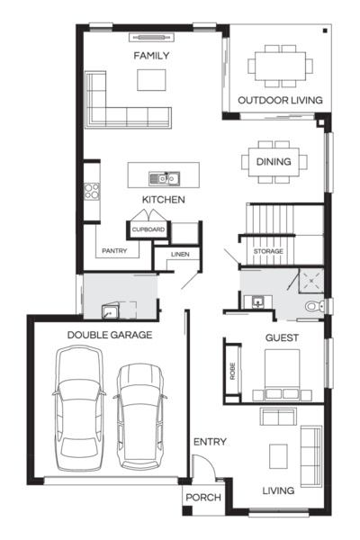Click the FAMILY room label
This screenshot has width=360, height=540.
click(x=152, y=56)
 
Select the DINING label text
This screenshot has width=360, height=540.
click(x=274, y=162)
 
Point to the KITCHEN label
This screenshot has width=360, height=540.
click(x=163, y=199)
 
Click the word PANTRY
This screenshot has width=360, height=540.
click(x=113, y=251)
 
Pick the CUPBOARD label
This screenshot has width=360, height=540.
click(x=148, y=230)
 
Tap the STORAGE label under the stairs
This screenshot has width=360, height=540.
click(x=268, y=250)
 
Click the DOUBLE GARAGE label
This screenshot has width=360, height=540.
click(x=109, y=335)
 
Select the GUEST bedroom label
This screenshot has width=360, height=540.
click(x=281, y=338)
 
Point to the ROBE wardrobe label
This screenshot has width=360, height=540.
click(x=232, y=371)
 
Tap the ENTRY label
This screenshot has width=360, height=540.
click(x=210, y=442)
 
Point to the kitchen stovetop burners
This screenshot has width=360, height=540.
click(x=91, y=190)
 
